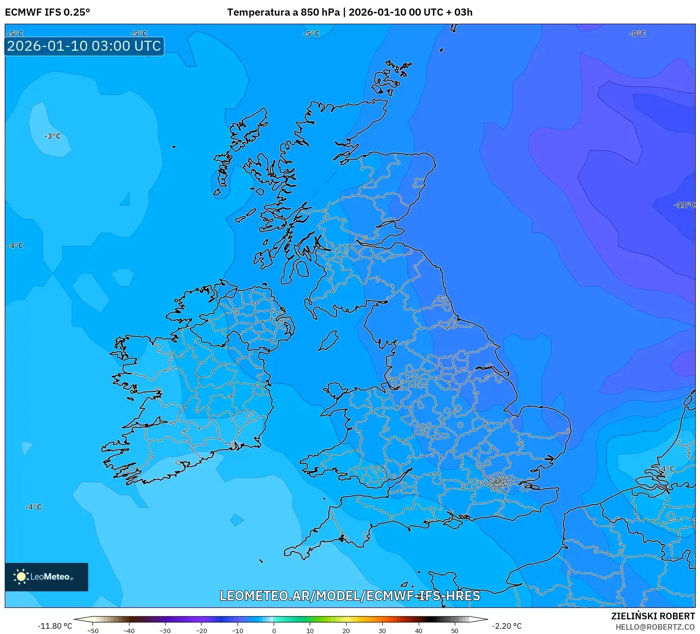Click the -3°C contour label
[53, 136]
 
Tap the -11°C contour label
[684, 205]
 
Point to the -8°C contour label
[637, 34]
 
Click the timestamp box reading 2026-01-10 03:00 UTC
[84, 46]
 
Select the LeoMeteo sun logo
[21, 577]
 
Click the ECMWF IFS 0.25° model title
[47, 12]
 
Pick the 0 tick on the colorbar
[274, 631]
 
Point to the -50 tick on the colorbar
[93, 631]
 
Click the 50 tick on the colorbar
[455, 631]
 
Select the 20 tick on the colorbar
[346, 631]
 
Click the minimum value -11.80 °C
[55, 626]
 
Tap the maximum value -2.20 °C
[507, 626]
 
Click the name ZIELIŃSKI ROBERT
[653, 616]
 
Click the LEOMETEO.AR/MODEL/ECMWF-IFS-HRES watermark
[350, 596]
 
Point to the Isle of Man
[328, 341]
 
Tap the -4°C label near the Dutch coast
[667, 469]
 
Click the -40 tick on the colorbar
[129, 631]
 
